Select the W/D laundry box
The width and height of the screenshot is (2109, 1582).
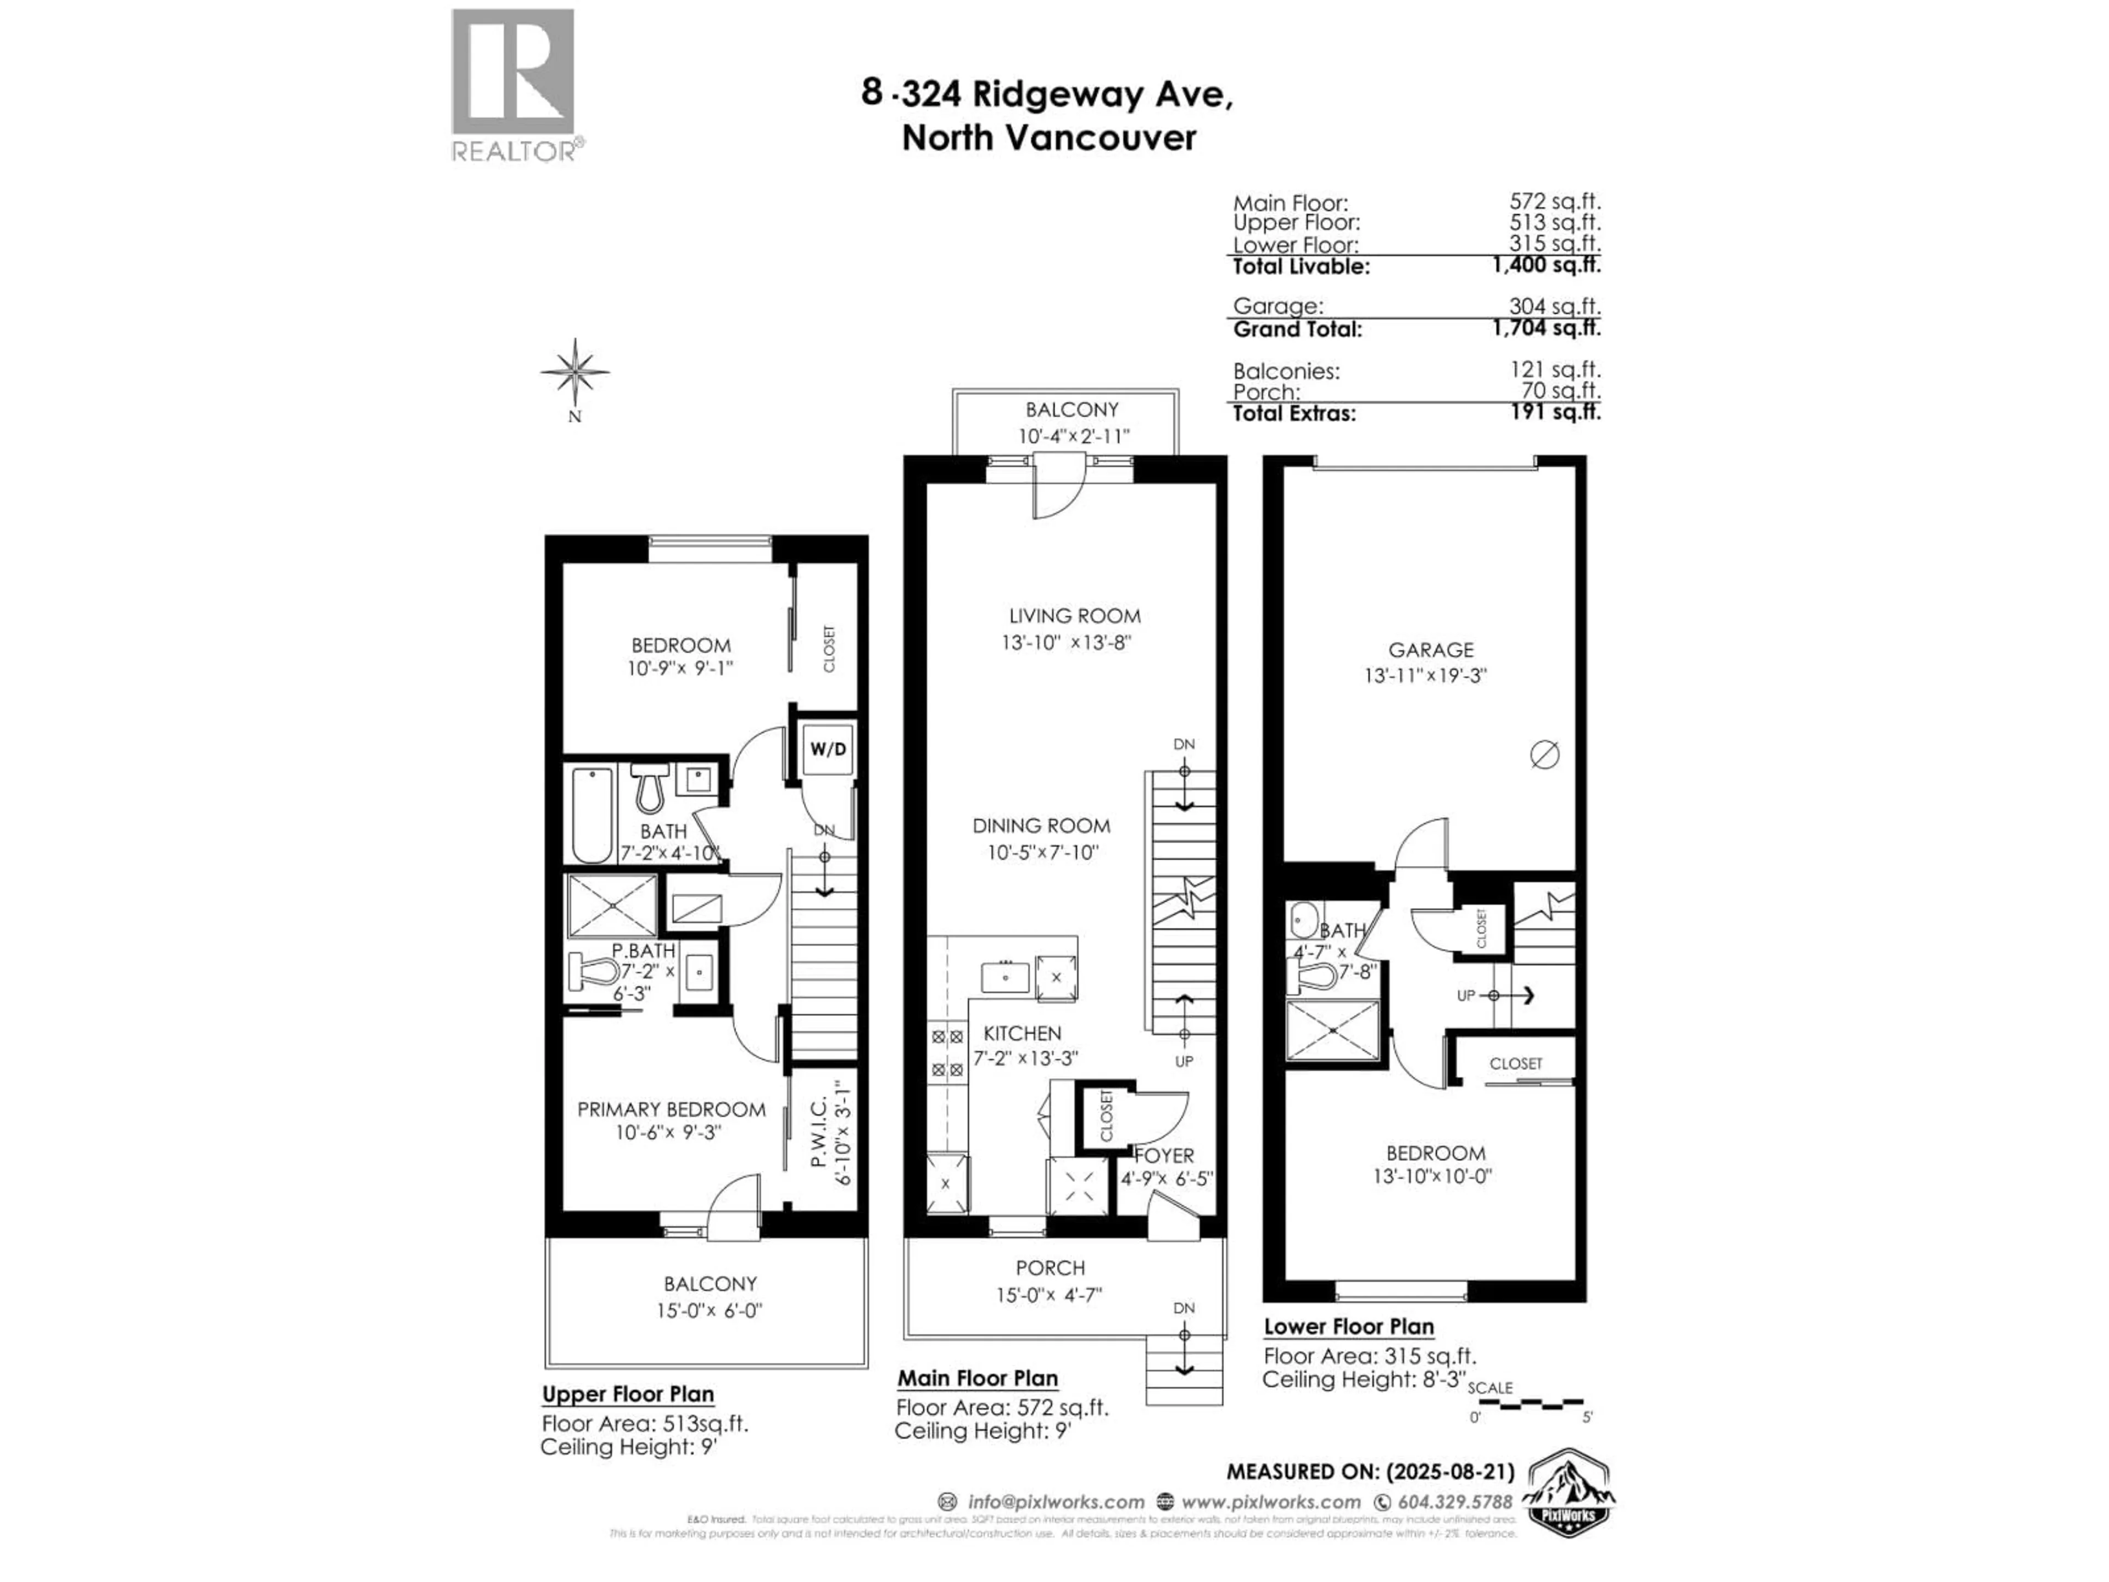coord(827,749)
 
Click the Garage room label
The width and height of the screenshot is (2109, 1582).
coord(1430,649)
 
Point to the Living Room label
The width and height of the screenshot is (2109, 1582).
coord(1074,616)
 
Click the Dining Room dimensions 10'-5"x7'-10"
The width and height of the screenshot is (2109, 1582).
coord(1043,851)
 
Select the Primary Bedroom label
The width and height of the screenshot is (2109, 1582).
coord(671,1109)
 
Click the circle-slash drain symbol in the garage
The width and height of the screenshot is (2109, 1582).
coord(1544,755)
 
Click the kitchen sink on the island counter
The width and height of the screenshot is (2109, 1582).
coord(1006,977)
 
